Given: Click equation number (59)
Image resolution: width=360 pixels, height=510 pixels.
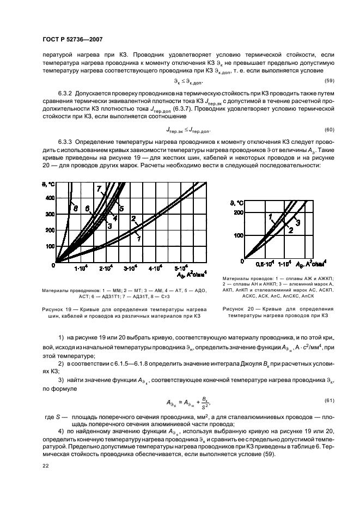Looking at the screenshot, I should click(x=314, y=81).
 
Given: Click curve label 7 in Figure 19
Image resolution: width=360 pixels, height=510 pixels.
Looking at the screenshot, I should click(x=100, y=189).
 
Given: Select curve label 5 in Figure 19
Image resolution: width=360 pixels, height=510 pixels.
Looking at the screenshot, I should click(x=121, y=208).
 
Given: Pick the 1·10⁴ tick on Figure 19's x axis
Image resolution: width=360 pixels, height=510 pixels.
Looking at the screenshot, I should click(x=81, y=269).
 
